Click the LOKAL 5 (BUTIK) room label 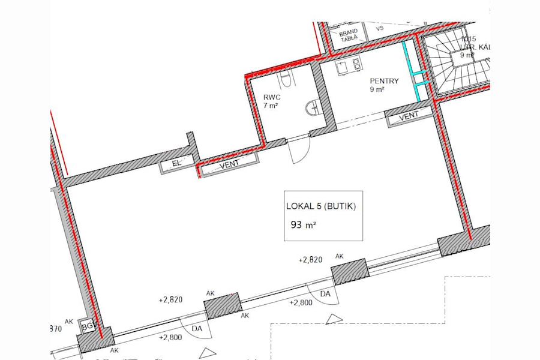321,207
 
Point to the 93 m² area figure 303,226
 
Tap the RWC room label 272,96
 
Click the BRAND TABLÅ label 349,34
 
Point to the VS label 379,28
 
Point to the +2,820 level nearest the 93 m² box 310,260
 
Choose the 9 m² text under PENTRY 377,90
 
